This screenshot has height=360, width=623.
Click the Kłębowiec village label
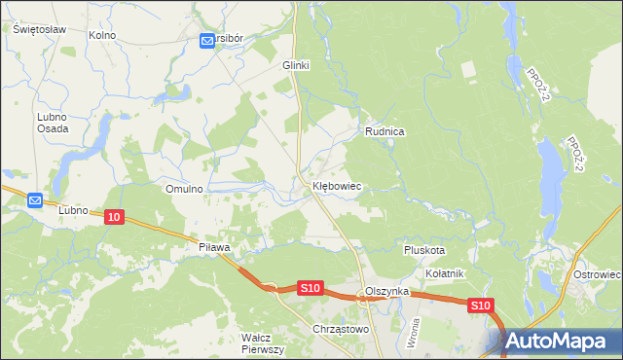(337, 185)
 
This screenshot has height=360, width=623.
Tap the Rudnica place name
(385, 130)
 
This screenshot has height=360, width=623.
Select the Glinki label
(295, 65)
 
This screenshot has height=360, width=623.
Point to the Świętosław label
(39, 29)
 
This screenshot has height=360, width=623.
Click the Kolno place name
(101, 35)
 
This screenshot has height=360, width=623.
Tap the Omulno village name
(184, 189)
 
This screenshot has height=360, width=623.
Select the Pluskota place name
(424, 250)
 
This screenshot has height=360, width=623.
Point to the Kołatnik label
(444, 273)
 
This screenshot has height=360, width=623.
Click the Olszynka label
(385, 292)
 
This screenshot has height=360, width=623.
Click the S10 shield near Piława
(310, 288)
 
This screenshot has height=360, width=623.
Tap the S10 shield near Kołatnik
(480, 306)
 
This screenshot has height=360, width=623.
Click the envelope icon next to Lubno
(35, 200)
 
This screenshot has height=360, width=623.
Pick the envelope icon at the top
(208, 40)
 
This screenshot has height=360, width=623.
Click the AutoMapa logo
(562, 342)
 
